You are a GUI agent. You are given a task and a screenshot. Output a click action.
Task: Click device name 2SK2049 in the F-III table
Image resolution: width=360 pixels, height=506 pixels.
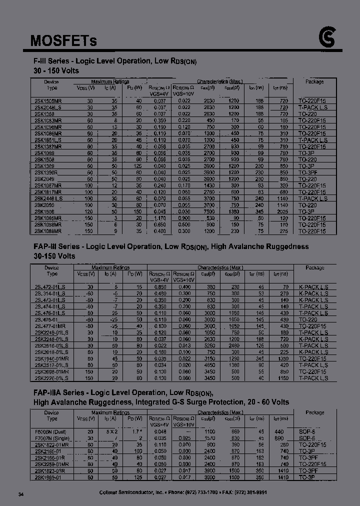pyautogui.click(x=44, y=178)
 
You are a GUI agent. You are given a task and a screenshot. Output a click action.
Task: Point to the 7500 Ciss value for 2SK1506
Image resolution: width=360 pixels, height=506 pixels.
pyautogui.click(x=209, y=211)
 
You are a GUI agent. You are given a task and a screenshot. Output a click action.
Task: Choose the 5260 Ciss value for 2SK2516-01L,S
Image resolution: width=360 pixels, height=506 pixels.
pyautogui.click(x=209, y=346)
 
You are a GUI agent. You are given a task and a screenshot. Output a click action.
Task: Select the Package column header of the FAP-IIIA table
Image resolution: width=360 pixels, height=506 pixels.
pyautogui.click(x=314, y=412)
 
